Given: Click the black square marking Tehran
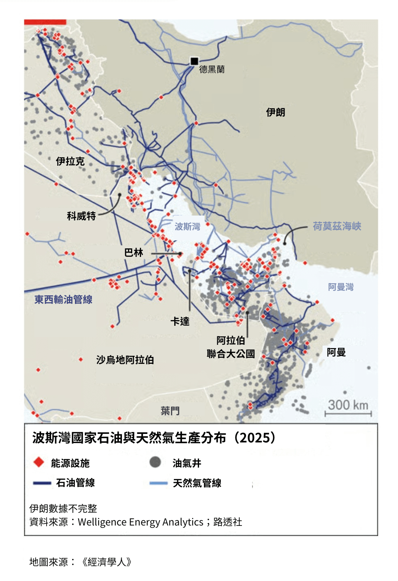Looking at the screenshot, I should click(194, 61).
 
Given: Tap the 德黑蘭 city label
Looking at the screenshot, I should click(212, 69).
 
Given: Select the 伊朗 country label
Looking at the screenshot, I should click(276, 112).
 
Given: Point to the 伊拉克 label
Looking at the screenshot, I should click(70, 161).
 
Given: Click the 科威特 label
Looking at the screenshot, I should click(81, 216).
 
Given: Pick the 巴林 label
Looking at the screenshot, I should click(134, 252).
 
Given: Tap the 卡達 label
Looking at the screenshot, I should click(180, 321).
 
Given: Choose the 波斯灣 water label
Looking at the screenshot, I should click(187, 226).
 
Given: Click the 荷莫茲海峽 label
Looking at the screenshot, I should click(337, 226).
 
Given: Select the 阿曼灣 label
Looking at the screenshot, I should click(341, 287).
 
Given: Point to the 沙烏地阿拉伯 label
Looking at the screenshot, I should click(125, 360).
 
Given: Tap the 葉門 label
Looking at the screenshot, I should click(170, 411).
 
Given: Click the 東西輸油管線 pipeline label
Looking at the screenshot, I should click(63, 299).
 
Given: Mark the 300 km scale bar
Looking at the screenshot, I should click(348, 413).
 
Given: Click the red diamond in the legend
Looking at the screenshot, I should click(39, 462).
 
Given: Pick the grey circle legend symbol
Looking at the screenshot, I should click(155, 462).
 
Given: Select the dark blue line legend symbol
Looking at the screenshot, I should click(42, 483).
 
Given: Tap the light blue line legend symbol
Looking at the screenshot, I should click(158, 483).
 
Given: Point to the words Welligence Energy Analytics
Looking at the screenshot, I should click(140, 522).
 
